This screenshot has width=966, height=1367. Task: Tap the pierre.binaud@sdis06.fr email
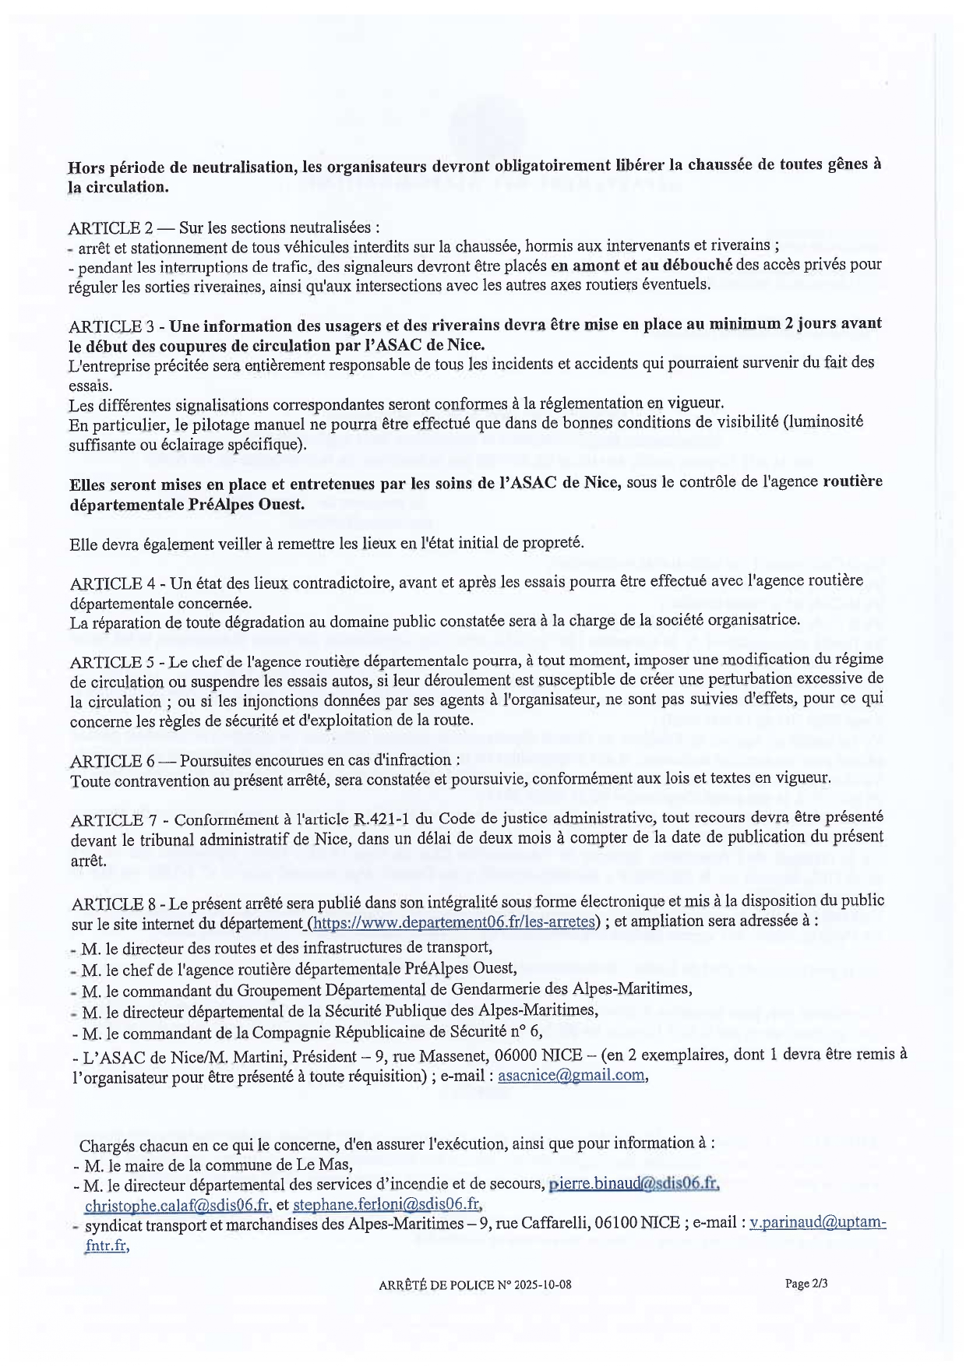[633, 1184]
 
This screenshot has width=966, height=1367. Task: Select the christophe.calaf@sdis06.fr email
[178, 1204]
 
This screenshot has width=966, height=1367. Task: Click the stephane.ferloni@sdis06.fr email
[386, 1204]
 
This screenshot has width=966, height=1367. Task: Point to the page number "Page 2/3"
[806, 1284]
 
